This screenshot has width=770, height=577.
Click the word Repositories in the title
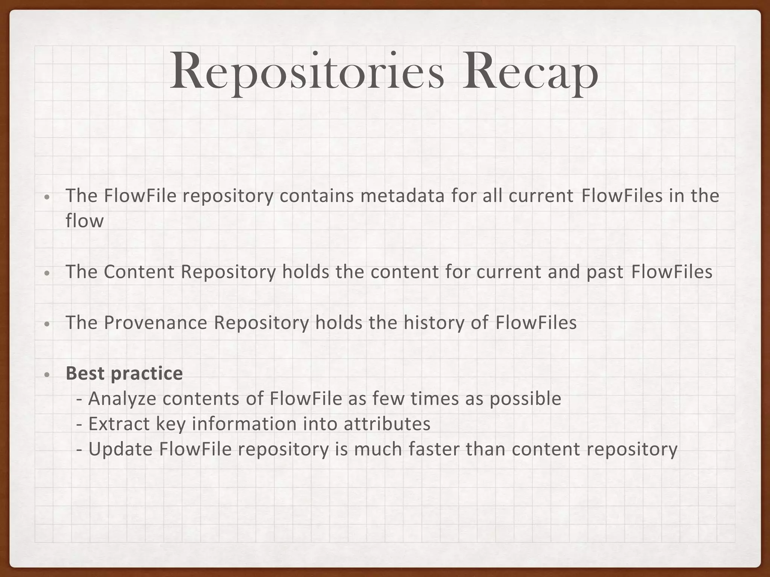307,71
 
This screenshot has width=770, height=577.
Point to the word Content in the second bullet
139,272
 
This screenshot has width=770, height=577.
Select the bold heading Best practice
124,373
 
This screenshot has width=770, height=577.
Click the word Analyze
122,399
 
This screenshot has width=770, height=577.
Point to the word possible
525,399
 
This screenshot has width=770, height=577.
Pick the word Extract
119,424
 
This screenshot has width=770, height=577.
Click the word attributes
387,424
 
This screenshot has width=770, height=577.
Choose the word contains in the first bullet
317,196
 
